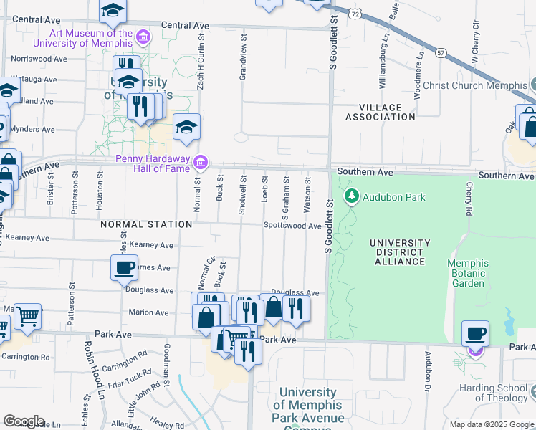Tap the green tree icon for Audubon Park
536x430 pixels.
[x=352, y=196]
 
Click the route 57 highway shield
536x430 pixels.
[x=441, y=53]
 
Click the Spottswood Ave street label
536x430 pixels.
[x=292, y=226]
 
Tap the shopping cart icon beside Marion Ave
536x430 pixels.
[x=27, y=315]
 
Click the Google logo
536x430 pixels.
[x=24, y=421]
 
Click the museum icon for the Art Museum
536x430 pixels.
[x=143, y=37]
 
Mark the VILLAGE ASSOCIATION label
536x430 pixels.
[x=380, y=112]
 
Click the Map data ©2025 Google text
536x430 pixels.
[x=491, y=424]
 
